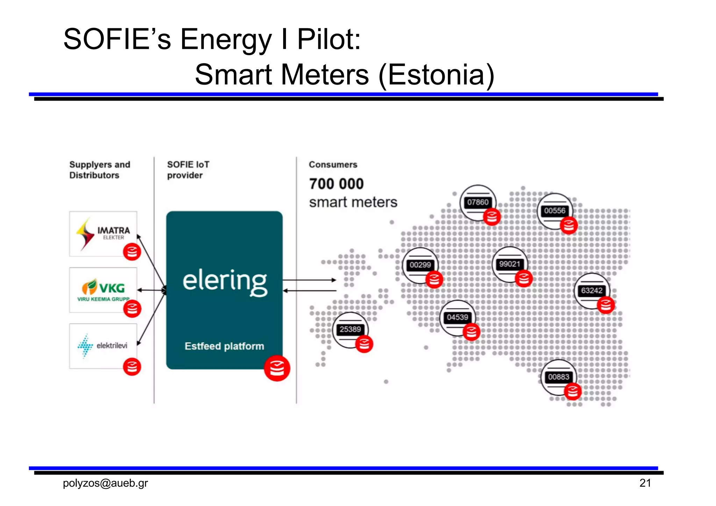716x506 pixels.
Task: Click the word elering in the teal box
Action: (x=225, y=282)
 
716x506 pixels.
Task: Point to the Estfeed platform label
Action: (x=224, y=346)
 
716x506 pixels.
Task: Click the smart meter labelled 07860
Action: (x=478, y=202)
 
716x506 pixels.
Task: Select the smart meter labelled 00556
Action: (x=554, y=211)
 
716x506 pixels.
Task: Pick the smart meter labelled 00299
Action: (x=420, y=265)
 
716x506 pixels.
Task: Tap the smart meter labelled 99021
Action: (x=509, y=264)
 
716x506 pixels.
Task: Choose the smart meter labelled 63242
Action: (x=592, y=291)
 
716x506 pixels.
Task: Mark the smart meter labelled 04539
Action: (x=457, y=317)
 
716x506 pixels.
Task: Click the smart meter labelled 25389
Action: (x=350, y=329)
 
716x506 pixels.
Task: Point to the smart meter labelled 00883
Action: (x=558, y=377)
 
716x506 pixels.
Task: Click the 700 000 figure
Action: (x=336, y=184)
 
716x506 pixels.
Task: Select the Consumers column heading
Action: (x=333, y=165)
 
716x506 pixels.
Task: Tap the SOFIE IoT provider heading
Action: (x=188, y=170)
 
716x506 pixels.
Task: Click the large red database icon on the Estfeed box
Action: (x=277, y=368)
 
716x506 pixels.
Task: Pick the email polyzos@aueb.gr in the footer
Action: (x=105, y=483)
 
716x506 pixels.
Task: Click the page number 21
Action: (x=645, y=483)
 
